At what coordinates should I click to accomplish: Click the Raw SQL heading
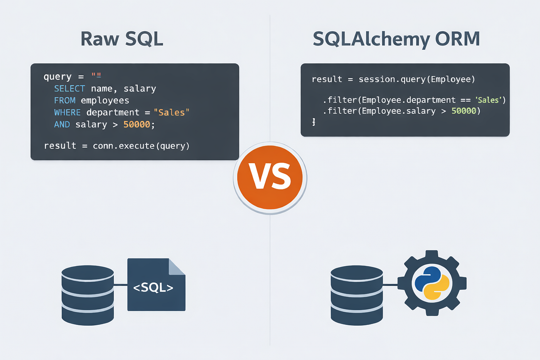pos(122,39)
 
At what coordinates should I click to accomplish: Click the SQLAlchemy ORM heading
pos(397,39)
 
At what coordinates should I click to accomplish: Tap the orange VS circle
pos(270,177)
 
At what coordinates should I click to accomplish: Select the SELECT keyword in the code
pos(69,89)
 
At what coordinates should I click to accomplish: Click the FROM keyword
pos(65,101)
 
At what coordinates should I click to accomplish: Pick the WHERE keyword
pos(67,113)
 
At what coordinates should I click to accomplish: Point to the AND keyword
pos(62,124)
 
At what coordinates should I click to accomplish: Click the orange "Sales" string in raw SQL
pos(171,113)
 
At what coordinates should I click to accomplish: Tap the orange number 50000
pos(137,124)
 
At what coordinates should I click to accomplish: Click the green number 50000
pos(464,111)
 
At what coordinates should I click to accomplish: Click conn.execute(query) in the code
pos(141,146)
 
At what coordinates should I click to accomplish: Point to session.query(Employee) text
pos(417,79)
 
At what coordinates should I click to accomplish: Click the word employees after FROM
pos(105,101)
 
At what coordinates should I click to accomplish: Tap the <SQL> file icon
pos(156,285)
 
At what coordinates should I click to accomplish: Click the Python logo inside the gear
pos(432,283)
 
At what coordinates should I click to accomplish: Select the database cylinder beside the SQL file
pos(88,296)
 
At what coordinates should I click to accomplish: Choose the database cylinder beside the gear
pos(357,296)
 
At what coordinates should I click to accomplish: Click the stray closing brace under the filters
pos(314,122)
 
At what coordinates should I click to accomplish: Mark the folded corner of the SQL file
pos(177,267)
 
